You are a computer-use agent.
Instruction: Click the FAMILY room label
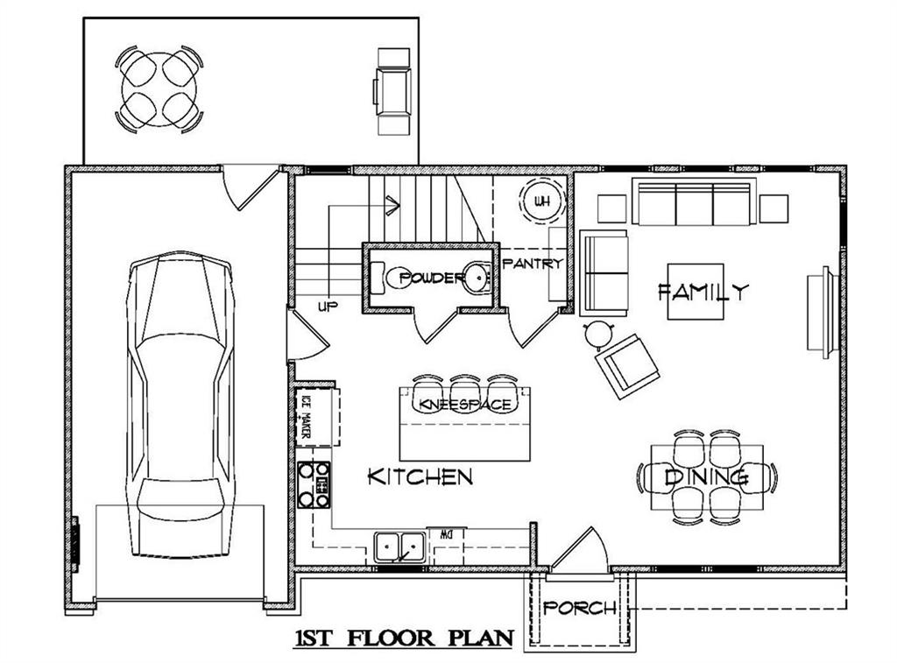coord(703,292)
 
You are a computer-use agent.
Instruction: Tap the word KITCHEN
coord(420,477)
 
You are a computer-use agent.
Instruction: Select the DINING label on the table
coord(706,477)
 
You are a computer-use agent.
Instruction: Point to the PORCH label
coord(580,608)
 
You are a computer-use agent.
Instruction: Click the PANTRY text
coord(532,264)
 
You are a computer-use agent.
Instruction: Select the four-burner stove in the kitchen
coord(314,484)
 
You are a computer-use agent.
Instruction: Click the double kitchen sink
coord(400,547)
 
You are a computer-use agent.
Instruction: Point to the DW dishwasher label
coord(446,533)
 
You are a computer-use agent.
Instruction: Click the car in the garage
coord(182,403)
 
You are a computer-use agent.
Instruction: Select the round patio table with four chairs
coord(159,90)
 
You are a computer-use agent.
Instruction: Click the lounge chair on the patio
coord(393,90)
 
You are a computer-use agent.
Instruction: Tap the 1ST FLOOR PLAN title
coord(402,638)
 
